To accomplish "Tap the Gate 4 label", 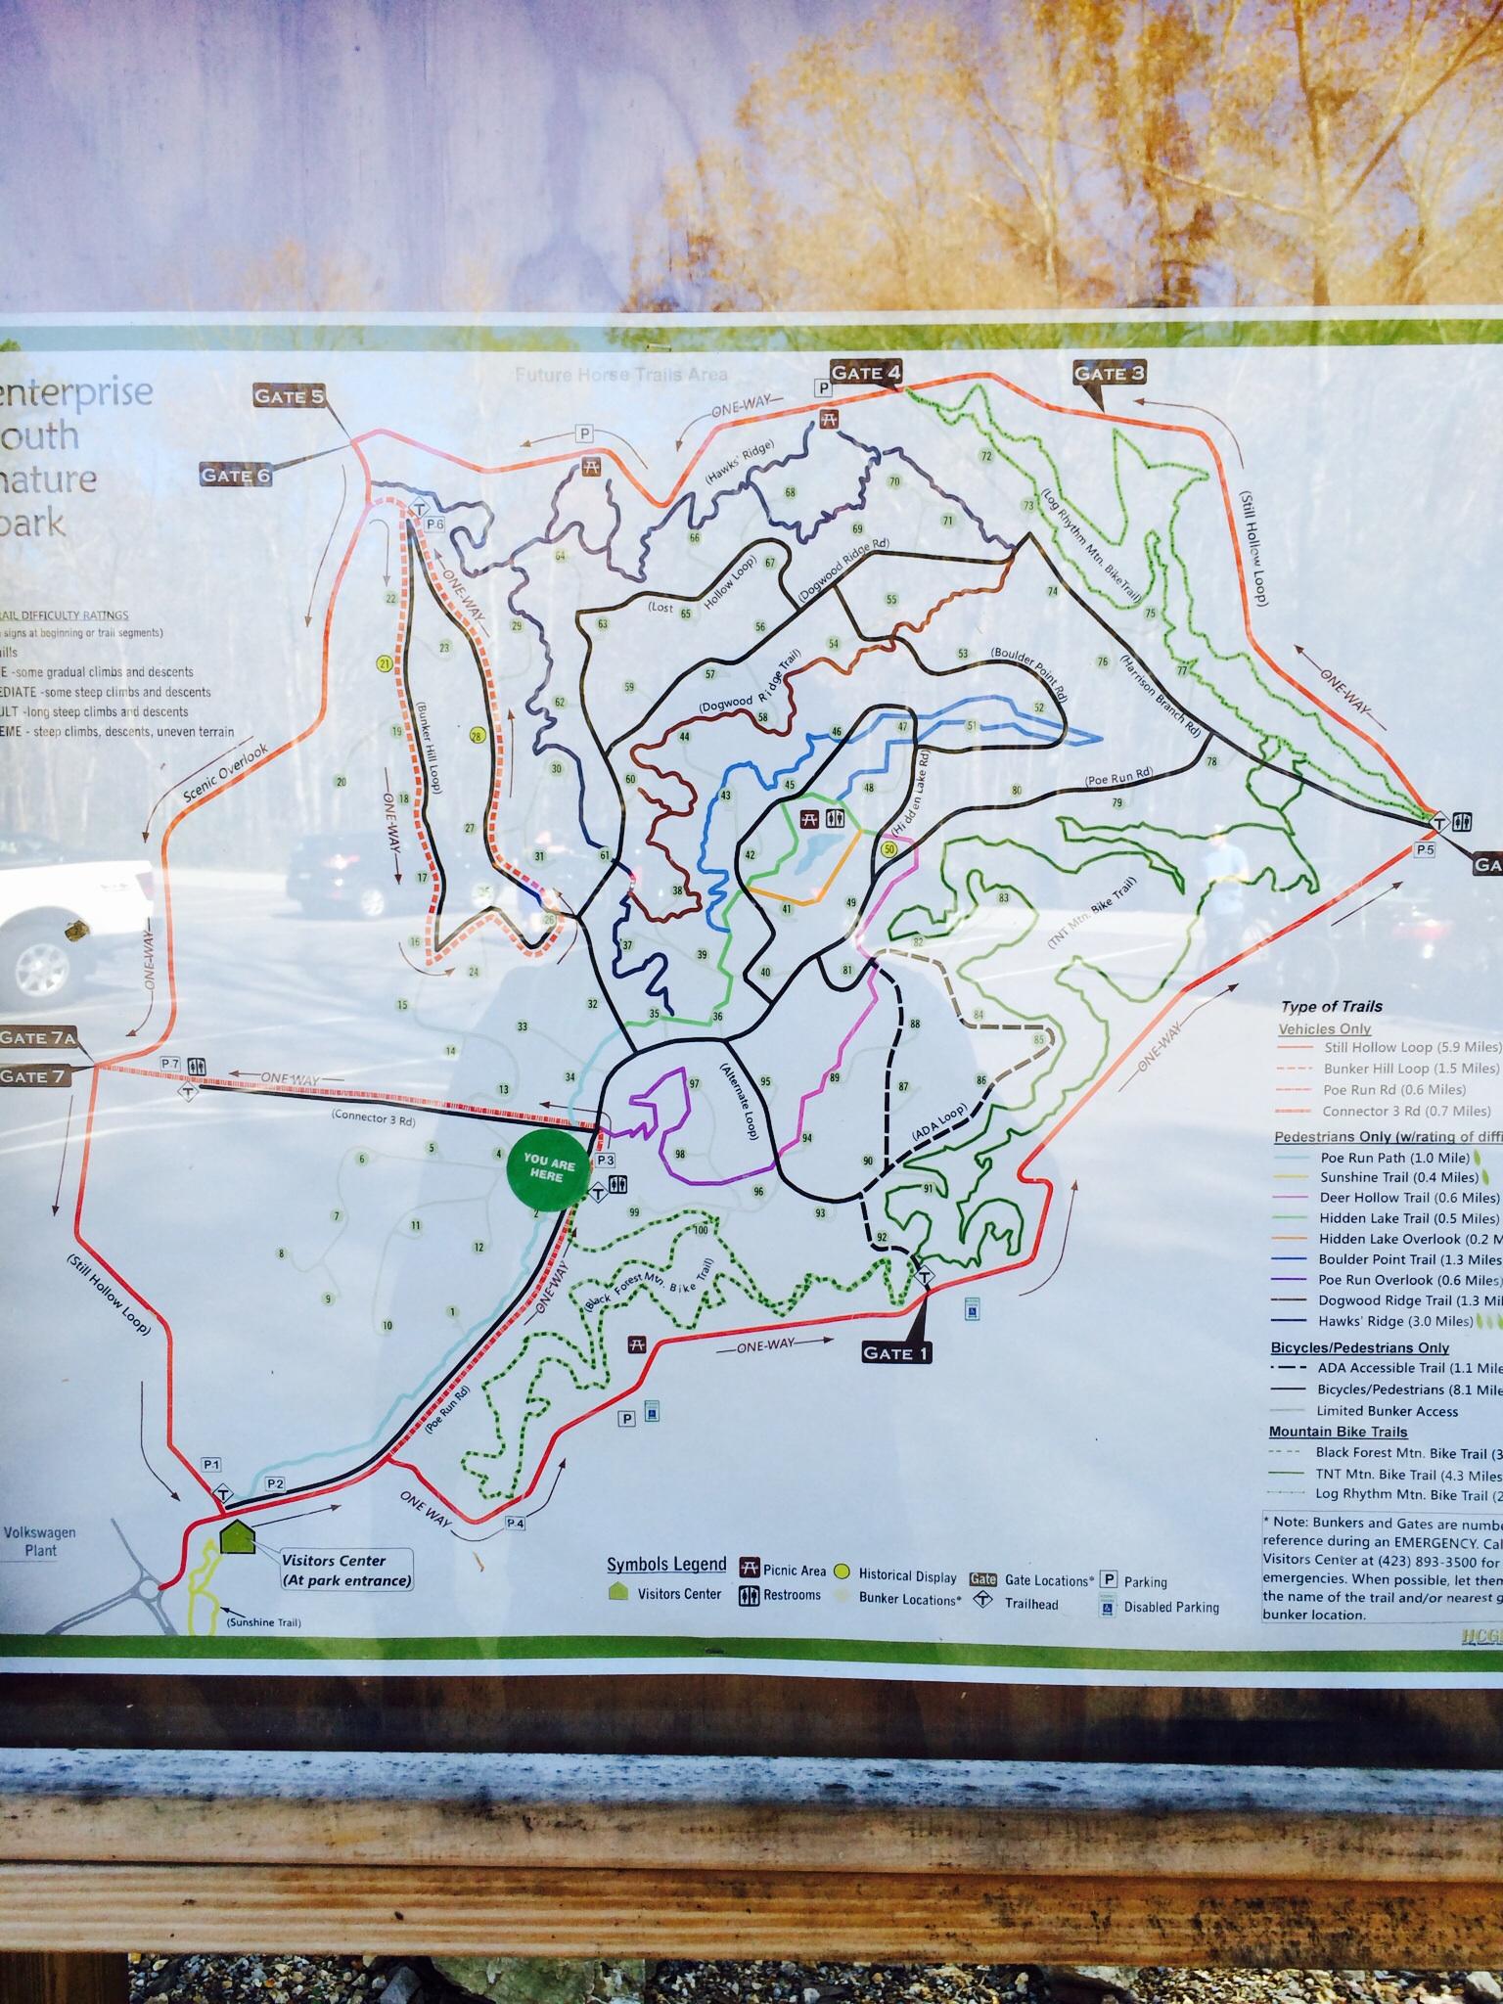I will [x=865, y=372].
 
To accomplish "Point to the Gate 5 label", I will [x=288, y=395].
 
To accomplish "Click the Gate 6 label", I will [x=235, y=475].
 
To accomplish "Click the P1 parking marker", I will [x=212, y=1464].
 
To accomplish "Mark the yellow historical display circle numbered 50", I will [x=888, y=848].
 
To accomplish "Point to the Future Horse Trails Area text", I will [x=620, y=375].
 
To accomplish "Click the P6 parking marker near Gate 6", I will [x=434, y=524].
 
